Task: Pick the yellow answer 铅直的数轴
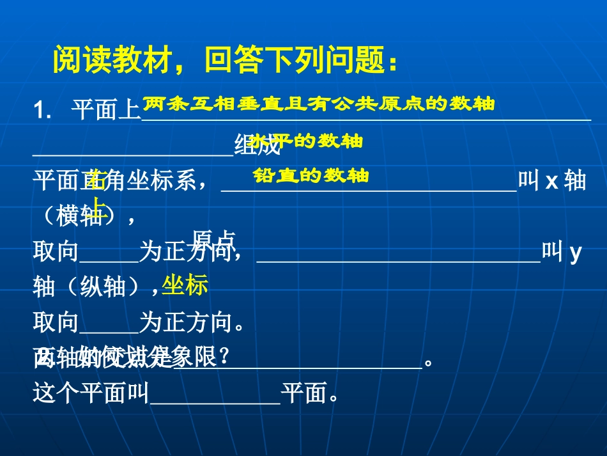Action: point(311,175)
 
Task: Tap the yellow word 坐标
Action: point(185,285)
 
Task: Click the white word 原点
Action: point(214,238)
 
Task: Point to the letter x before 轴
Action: point(551,181)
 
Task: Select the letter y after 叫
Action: point(574,253)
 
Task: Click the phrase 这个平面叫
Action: point(90,395)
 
